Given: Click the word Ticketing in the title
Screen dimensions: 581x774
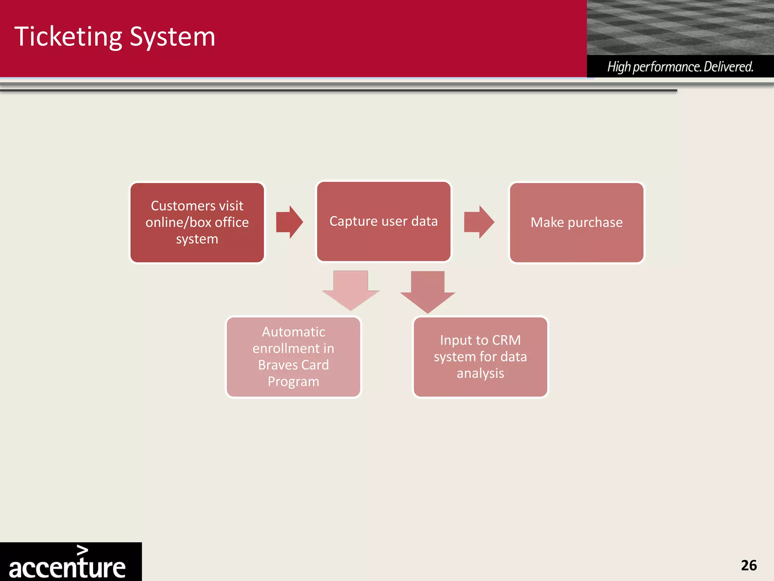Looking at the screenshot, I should coord(68,37).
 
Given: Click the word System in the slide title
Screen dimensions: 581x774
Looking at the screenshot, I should coord(172,37).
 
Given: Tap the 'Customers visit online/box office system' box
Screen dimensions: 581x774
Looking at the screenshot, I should coord(197,222).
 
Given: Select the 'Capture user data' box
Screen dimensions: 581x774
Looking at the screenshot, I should coord(384,221).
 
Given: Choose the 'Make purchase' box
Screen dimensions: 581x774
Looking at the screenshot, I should coord(576,222).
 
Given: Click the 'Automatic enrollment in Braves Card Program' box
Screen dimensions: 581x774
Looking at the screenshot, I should coord(293,357).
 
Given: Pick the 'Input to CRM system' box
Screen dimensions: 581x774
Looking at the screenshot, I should coord(480,357).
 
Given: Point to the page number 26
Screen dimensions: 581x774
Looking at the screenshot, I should coord(749,565).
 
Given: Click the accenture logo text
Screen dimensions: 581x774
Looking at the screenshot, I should coord(67,568).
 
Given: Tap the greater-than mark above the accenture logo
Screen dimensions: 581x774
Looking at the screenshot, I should coord(82,550).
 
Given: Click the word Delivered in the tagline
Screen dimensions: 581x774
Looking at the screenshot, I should coord(728,67).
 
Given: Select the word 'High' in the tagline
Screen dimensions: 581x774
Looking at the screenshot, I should coord(619,67).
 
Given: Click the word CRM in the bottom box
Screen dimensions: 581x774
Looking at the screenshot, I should coord(506,340).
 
